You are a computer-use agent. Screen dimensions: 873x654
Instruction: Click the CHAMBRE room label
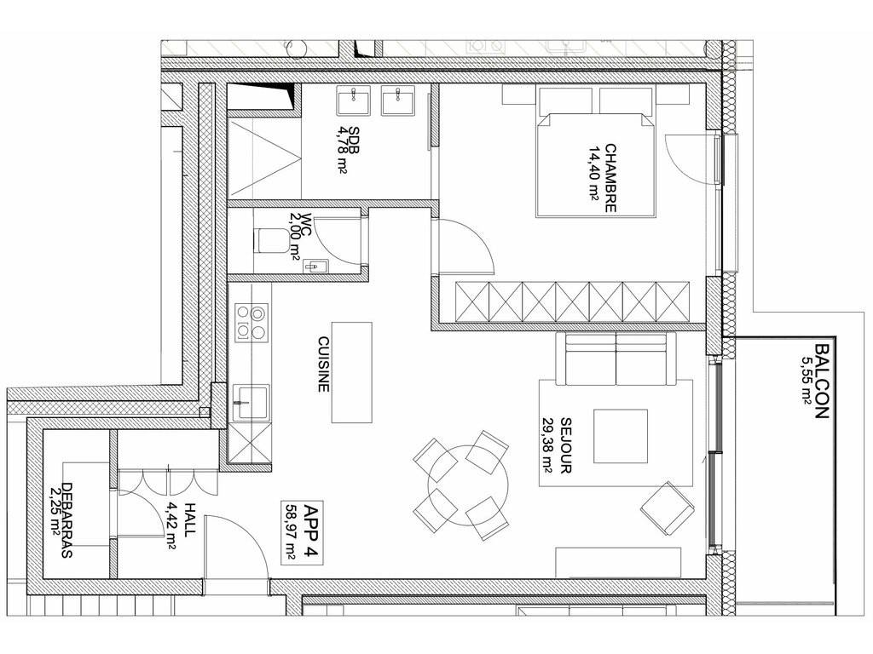pos(610,178)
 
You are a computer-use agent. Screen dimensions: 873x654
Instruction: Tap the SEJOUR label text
pos(566,445)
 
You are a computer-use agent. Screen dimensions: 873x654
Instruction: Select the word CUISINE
pos(323,364)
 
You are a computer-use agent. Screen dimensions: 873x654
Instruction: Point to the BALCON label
pos(822,381)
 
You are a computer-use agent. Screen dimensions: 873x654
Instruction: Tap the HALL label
pos(190,519)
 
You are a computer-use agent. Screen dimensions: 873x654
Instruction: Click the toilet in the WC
pos(268,239)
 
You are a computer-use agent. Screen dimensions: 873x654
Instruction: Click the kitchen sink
pos(250,402)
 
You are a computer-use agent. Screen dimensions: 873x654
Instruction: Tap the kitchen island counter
pos(351,372)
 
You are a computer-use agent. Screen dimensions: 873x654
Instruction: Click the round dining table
pos(468,485)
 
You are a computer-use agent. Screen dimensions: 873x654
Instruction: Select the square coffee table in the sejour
pos(621,436)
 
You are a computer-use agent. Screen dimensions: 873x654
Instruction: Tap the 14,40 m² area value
pos(593,178)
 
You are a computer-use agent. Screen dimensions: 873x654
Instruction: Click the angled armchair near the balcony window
pos(668,508)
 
